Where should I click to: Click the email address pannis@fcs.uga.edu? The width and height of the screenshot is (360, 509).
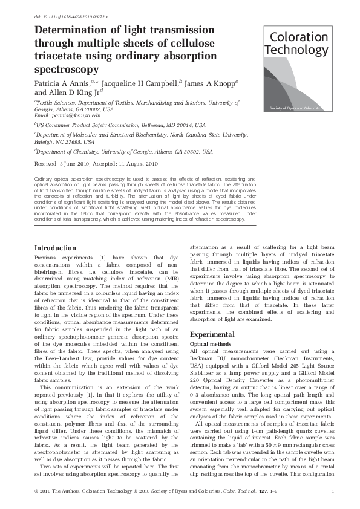pos(68,115)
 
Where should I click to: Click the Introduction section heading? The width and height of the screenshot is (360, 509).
pos(55,248)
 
